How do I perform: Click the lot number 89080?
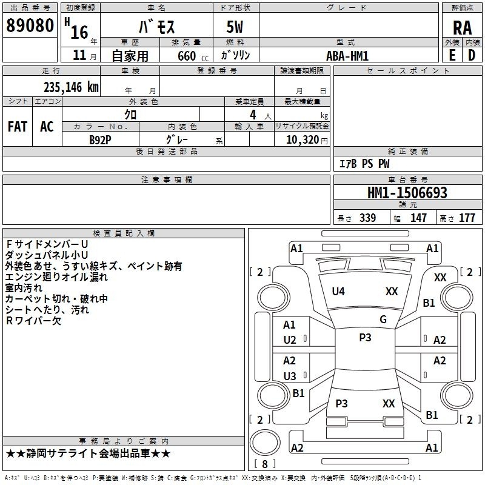point(30,25)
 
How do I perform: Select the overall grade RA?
point(463,28)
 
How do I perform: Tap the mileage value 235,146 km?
point(71,87)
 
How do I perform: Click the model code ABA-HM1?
point(347,56)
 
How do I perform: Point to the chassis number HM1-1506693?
point(407,193)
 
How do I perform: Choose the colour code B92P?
point(100,140)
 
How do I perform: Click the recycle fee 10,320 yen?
point(307,140)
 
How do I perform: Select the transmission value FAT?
point(18,127)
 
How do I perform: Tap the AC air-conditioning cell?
point(47,127)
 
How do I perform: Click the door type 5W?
point(235,27)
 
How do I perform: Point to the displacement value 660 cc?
point(193,56)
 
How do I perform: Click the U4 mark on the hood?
point(338,292)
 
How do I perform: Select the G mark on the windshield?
point(383,319)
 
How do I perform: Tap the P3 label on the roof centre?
point(365,337)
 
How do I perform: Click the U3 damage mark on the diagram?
point(290,376)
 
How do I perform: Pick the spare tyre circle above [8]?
point(265,443)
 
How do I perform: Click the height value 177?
point(467,218)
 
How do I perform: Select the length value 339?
point(367,218)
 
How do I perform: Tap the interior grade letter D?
point(472,55)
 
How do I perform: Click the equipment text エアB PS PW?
point(364,163)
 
